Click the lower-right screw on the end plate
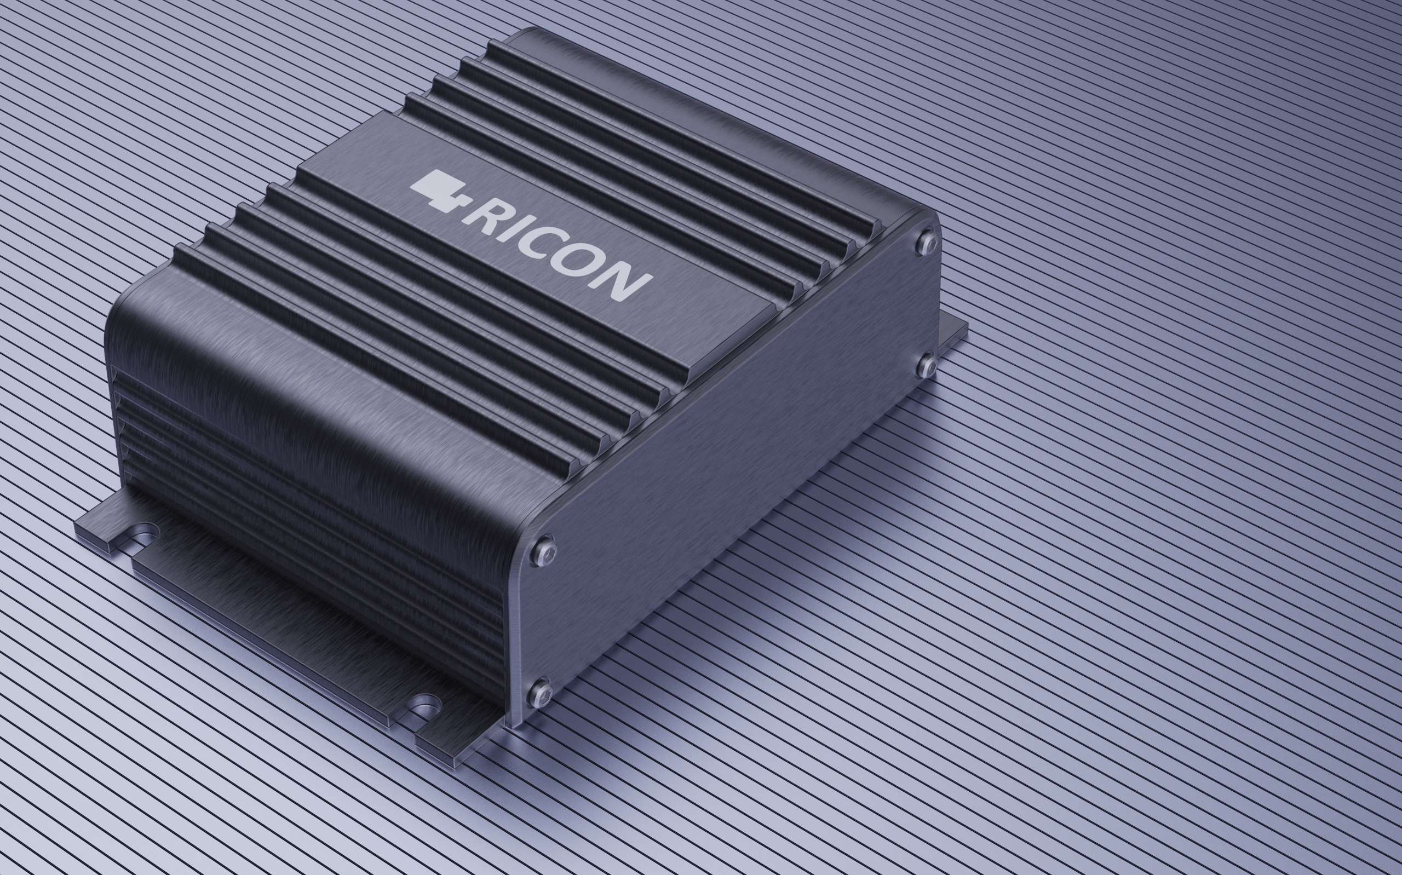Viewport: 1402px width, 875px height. click(x=928, y=365)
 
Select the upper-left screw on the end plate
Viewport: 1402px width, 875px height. click(x=544, y=551)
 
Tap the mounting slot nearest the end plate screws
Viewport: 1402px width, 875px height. click(x=426, y=706)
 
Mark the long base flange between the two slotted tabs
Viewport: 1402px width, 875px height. click(x=272, y=625)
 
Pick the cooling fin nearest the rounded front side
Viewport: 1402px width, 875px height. click(x=376, y=359)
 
